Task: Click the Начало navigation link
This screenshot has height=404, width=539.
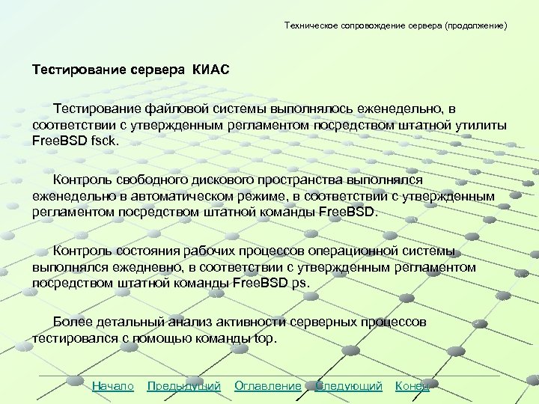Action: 112,386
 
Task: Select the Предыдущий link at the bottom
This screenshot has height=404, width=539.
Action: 184,386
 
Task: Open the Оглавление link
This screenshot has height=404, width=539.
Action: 268,386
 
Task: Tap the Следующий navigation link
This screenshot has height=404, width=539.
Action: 349,386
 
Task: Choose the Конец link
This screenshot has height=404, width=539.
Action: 412,386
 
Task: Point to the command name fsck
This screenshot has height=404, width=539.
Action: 103,139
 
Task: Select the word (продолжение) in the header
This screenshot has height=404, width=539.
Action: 475,25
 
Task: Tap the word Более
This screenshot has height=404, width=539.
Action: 73,322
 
